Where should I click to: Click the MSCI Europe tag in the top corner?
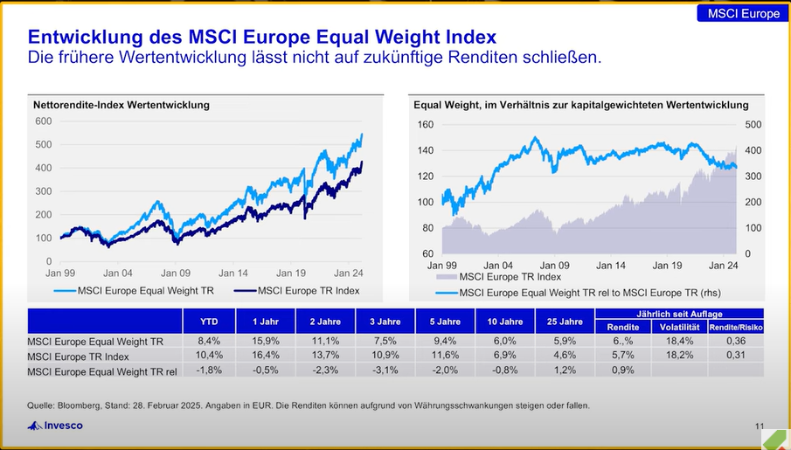pos(743,13)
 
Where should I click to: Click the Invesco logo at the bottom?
pos(57,426)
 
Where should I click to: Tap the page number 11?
pos(759,426)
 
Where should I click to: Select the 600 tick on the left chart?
pos(43,121)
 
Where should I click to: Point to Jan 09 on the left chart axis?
pos(176,273)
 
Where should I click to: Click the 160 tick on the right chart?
pos(425,124)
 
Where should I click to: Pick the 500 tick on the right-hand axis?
pos(753,124)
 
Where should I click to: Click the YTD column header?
pos(210,322)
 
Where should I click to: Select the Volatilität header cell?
pos(678,329)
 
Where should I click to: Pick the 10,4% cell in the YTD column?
pos(210,356)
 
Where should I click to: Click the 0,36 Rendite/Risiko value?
pos(736,342)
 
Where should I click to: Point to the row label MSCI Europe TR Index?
pos(79,356)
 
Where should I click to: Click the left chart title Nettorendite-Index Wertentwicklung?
pos(121,105)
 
